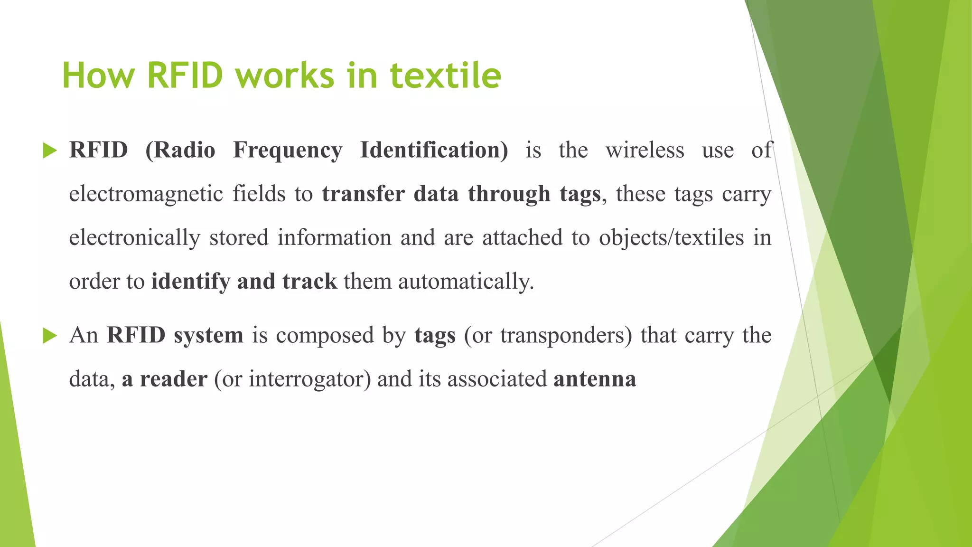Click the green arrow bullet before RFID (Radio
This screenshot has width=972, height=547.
pos(49,151)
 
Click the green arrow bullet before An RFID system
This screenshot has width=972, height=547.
pos(49,336)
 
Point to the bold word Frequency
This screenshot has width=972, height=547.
pos(288,151)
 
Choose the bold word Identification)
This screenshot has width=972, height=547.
pos(434,150)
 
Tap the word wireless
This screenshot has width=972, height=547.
pos(645,150)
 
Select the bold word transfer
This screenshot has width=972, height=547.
pos(364,194)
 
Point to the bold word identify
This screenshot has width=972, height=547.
pos(191,282)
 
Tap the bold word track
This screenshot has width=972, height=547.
pos(309,281)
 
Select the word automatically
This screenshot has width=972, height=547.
pos(466,282)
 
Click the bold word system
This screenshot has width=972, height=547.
pos(208,336)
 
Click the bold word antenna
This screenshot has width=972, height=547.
pos(595,379)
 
